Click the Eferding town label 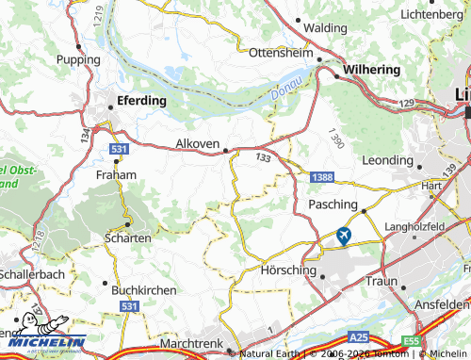coord(140,100)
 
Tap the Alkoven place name coord(197,144)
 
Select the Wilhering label coord(372,70)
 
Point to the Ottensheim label coord(280,53)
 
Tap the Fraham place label coord(117,174)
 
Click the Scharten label coord(128,238)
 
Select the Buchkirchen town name coord(143,290)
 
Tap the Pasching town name coord(333,205)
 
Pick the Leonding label coord(387,160)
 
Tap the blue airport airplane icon coord(344,236)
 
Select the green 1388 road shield coord(322,177)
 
